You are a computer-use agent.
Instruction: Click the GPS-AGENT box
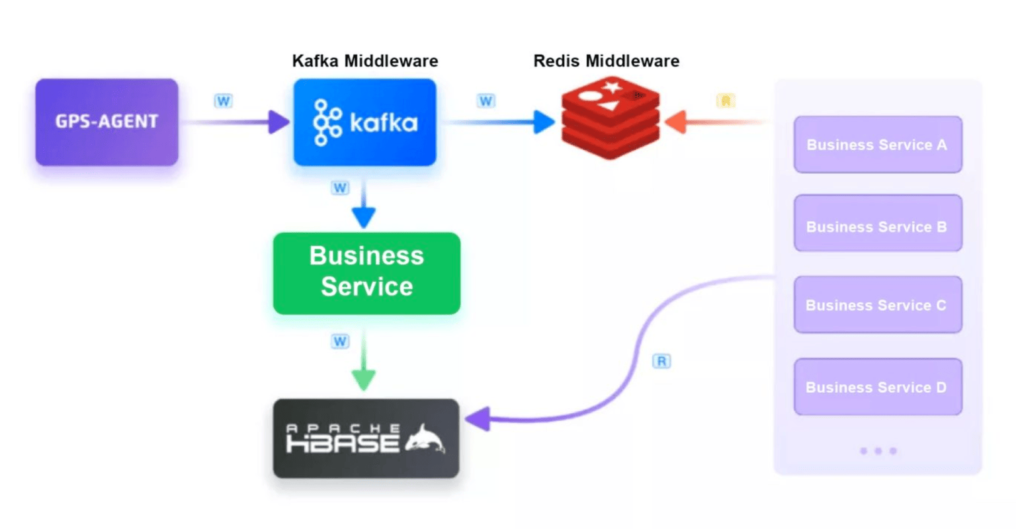pos(106,122)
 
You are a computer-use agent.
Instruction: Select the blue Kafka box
pos(364,122)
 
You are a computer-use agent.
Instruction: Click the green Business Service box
pos(366,272)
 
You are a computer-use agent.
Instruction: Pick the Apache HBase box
pos(366,438)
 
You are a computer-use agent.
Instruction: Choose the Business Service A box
pos(877,145)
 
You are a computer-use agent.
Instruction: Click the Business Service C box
pos(877,305)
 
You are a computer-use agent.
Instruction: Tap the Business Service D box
pos(877,387)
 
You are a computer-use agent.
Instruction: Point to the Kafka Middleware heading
pos(364,61)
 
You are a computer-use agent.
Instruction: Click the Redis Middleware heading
pos(606,61)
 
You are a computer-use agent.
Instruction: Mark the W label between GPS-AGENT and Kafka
pos(223,101)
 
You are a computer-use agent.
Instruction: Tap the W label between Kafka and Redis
pos(486,101)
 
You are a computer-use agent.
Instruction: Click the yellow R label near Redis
pos(726,101)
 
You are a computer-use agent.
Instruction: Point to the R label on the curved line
pos(661,361)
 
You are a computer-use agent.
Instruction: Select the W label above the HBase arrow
pos(340,341)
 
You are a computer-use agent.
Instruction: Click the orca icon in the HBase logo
pos(425,438)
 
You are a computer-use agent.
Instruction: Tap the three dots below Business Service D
pos(878,451)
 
